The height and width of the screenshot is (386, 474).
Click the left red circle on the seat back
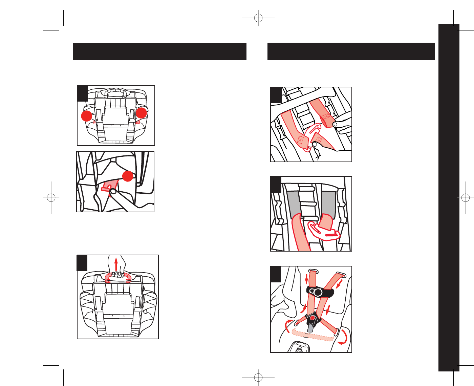click(x=87, y=116)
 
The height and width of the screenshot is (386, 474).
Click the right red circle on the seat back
click(x=141, y=113)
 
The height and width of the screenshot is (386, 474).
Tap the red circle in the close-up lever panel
click(x=127, y=176)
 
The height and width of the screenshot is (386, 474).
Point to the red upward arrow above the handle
click(x=116, y=264)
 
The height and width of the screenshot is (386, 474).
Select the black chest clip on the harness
click(x=320, y=292)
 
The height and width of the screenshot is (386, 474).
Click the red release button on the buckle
click(x=313, y=318)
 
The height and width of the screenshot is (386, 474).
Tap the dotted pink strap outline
click(x=313, y=335)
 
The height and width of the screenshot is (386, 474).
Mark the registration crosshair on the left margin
click(x=51, y=198)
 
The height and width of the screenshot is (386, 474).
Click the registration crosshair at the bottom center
click(x=258, y=377)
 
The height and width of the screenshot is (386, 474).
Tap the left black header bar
click(x=159, y=51)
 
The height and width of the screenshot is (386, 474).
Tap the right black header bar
click(x=351, y=51)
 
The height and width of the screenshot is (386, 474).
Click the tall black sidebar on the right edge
click(x=449, y=198)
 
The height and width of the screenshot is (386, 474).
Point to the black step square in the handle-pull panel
click(x=82, y=263)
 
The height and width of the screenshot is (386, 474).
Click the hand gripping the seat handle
click(x=117, y=271)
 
